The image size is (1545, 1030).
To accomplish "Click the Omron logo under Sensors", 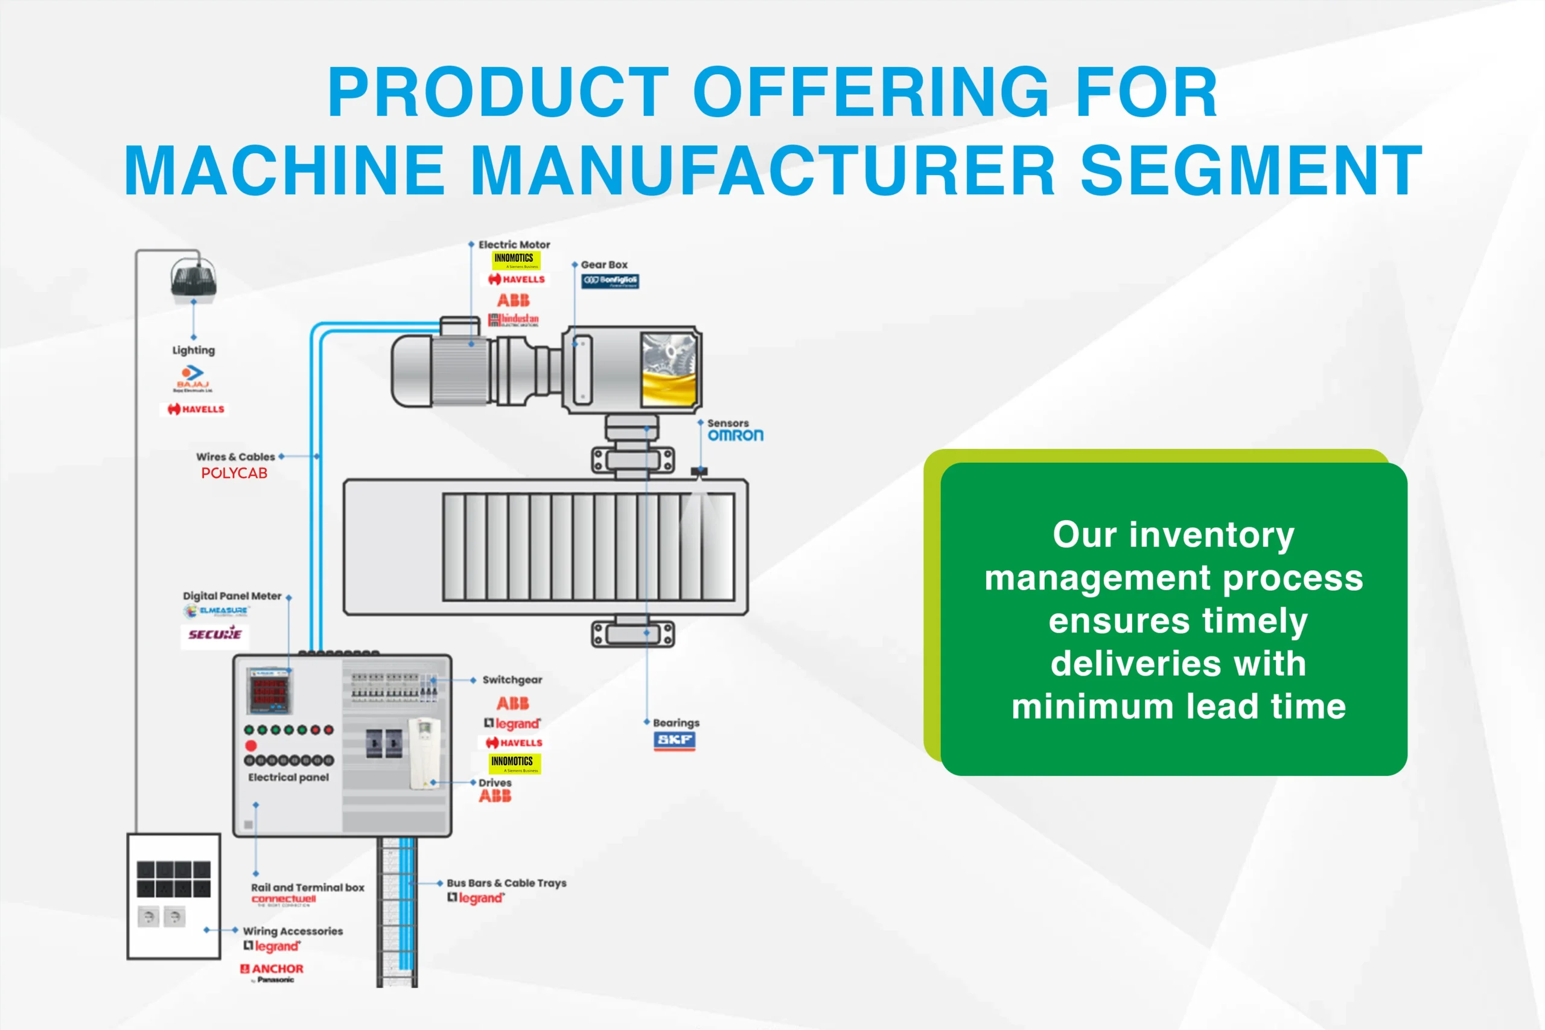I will click(x=735, y=436).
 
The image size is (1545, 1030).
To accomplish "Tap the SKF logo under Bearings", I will click(x=675, y=740).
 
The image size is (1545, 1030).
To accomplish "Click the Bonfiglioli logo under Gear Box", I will click(x=610, y=281).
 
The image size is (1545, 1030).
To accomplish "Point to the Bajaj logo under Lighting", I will click(x=193, y=378).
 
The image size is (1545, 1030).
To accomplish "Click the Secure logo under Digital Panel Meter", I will click(x=215, y=635).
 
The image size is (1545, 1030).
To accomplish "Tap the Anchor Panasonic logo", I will click(x=272, y=971).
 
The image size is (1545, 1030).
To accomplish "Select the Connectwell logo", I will click(x=283, y=900).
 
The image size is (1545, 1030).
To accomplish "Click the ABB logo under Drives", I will click(x=495, y=797).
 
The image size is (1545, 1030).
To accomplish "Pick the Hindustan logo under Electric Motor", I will click(x=514, y=320).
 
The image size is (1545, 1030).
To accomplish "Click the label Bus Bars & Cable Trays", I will click(x=506, y=883).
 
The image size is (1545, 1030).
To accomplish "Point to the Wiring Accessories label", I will click(x=293, y=932).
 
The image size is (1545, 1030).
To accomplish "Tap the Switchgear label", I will click(x=512, y=680).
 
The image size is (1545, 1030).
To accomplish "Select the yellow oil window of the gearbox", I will click(x=669, y=387).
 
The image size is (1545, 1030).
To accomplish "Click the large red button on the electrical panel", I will click(x=251, y=746).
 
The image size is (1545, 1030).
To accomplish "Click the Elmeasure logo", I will click(x=217, y=611).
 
